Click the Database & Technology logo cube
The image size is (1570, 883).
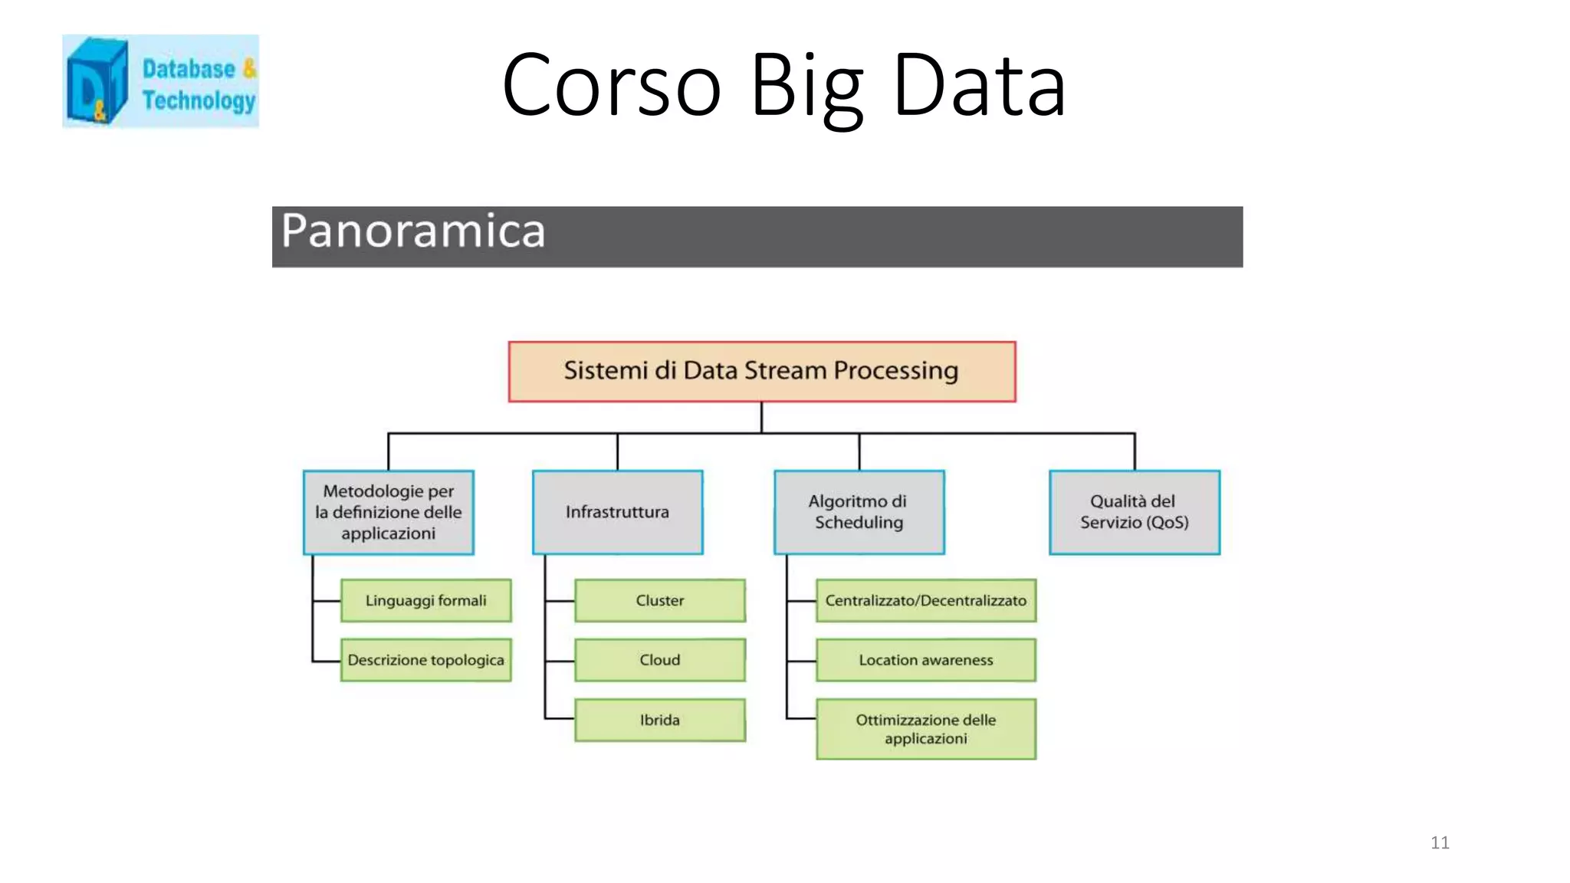pyautogui.click(x=97, y=81)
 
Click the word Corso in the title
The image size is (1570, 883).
pyautogui.click(x=611, y=85)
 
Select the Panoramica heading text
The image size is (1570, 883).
pyautogui.click(x=412, y=231)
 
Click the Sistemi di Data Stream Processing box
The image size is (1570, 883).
pyautogui.click(x=761, y=372)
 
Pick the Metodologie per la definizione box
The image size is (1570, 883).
pyautogui.click(x=388, y=512)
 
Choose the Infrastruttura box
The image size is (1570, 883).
pyautogui.click(x=617, y=512)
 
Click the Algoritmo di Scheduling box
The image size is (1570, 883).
pyautogui.click(x=859, y=512)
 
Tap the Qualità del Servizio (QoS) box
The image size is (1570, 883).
pyautogui.click(x=1134, y=512)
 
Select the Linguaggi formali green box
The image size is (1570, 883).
pyautogui.click(x=425, y=600)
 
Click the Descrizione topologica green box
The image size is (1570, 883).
pyautogui.click(x=425, y=660)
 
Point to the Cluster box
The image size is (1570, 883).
pyautogui.click(x=659, y=600)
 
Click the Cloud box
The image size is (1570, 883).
pyautogui.click(x=659, y=660)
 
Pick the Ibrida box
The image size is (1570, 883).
pyautogui.click(x=659, y=720)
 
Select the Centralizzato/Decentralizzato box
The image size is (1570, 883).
pyautogui.click(x=925, y=600)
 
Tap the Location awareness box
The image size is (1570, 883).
pyautogui.click(x=925, y=660)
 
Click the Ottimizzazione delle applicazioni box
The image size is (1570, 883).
pyautogui.click(x=925, y=729)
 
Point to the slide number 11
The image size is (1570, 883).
pyautogui.click(x=1440, y=842)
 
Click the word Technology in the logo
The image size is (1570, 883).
pyautogui.click(x=199, y=100)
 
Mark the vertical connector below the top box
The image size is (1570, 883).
pyautogui.click(x=761, y=418)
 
